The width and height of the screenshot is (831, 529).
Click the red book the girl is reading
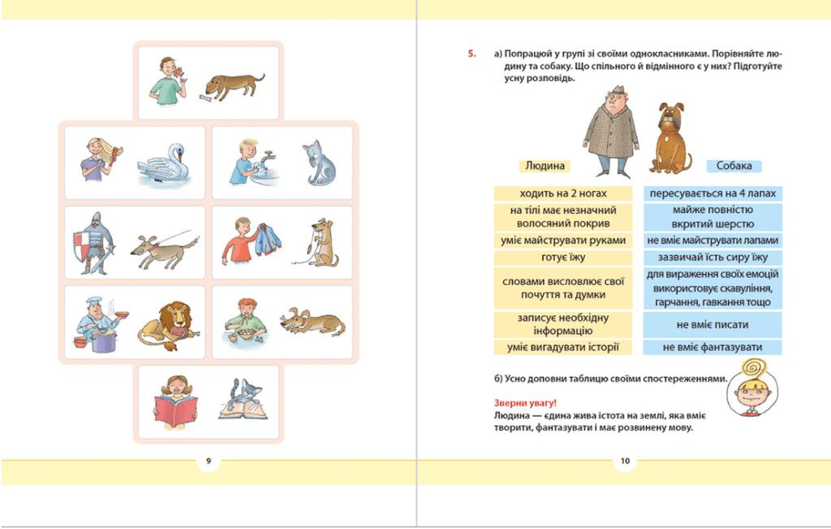pyautogui.click(x=175, y=410)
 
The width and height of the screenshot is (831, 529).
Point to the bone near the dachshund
pyautogui.click(x=207, y=98)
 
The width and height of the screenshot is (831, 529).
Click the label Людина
pyautogui.click(x=545, y=166)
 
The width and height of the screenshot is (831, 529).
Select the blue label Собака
pyautogui.click(x=734, y=166)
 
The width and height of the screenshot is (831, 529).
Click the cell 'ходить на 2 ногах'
pyautogui.click(x=563, y=193)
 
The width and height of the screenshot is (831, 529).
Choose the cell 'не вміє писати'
pyautogui.click(x=713, y=324)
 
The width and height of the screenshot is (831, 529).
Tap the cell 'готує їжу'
pyautogui.click(x=563, y=258)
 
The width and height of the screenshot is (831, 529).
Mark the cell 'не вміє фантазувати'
pyautogui.click(x=713, y=348)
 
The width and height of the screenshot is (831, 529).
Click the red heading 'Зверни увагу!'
pyautogui.click(x=525, y=403)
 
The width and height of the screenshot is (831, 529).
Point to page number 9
pyautogui.click(x=209, y=461)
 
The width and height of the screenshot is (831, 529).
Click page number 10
pyautogui.click(x=625, y=461)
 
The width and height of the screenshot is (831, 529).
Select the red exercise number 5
pyautogui.click(x=471, y=54)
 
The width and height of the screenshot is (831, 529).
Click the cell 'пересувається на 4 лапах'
pyautogui.click(x=713, y=193)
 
